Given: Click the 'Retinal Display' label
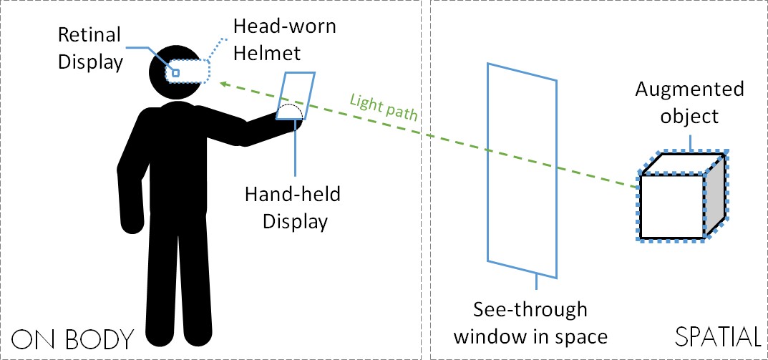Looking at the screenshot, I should pyautogui.click(x=91, y=49).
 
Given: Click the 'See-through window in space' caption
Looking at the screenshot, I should pyautogui.click(x=530, y=323).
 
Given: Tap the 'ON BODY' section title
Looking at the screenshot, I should pyautogui.click(x=73, y=339).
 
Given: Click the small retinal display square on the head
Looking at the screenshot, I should pyautogui.click(x=175, y=72).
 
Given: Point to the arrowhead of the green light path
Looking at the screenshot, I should pyautogui.click(x=223, y=84).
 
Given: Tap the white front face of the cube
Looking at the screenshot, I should pyautogui.click(x=671, y=206).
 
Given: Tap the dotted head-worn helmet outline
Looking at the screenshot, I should pyautogui.click(x=206, y=72).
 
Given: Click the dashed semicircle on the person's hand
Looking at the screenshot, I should pyautogui.click(x=291, y=112).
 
